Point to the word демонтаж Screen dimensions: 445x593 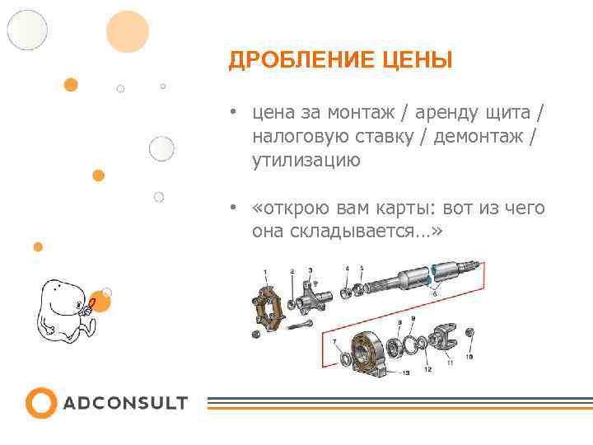pos(479,136)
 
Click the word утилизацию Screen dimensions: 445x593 pos(306,161)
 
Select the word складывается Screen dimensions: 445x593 pos(358,232)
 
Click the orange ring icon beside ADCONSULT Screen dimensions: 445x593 pos(40,403)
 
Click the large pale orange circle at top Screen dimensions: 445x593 pos(128,31)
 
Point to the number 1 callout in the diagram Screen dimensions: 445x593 pos(265,272)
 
